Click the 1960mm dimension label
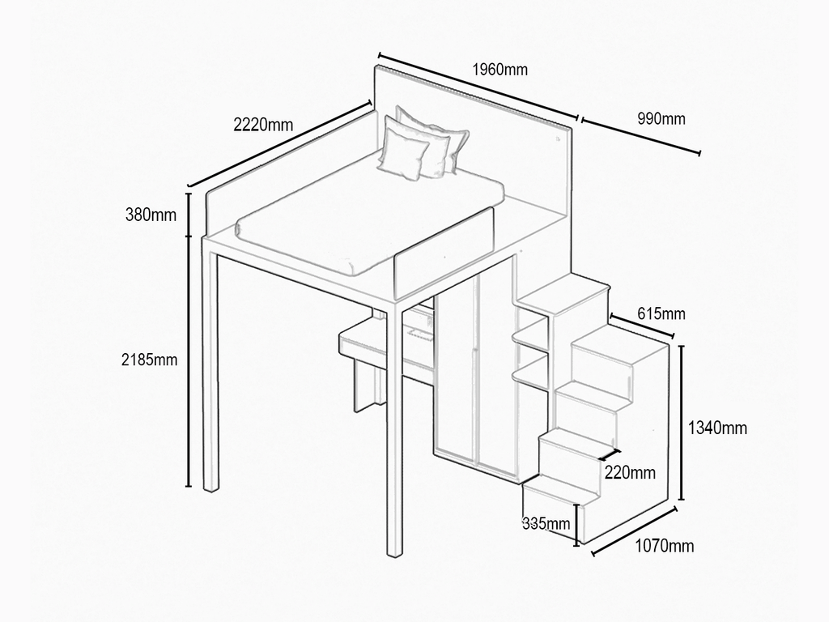coord(500,70)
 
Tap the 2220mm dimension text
coord(263,124)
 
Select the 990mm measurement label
coord(661,118)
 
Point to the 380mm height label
coord(151,215)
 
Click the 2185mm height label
coord(149,360)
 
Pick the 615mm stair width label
coord(661,313)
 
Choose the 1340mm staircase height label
coord(717,428)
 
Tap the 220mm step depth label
coord(630,472)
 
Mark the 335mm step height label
coord(546,524)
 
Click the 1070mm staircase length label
coord(664,545)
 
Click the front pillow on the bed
coord(403,153)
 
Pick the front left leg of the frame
coord(394,428)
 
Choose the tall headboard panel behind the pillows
coord(473,138)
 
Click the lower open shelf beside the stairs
coord(531,369)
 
